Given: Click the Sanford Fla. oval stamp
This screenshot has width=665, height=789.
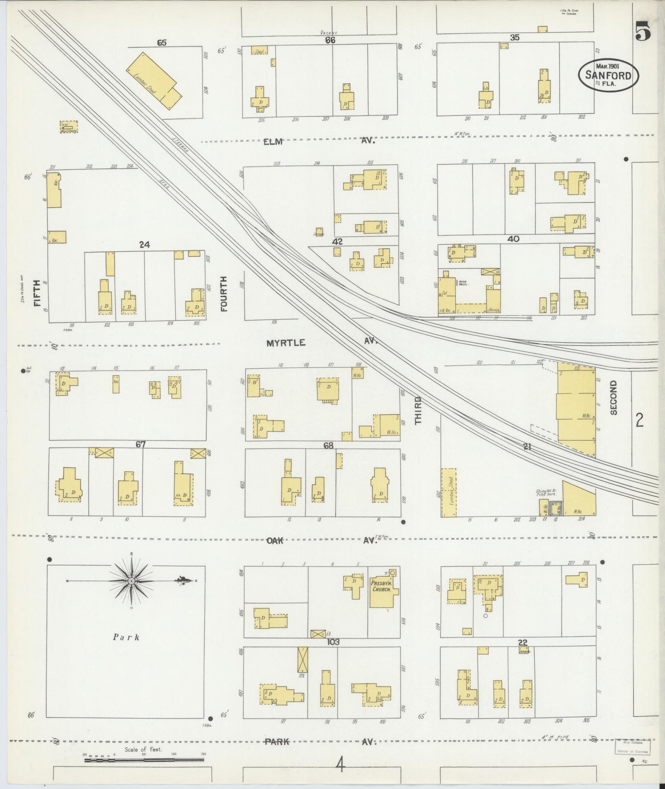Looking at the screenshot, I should [608, 73].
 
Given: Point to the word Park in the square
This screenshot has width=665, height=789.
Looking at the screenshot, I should [126, 637].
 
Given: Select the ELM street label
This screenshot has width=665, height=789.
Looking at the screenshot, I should [272, 142].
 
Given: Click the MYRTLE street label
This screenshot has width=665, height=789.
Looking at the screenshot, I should [286, 342].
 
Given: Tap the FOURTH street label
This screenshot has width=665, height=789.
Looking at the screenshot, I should [224, 294].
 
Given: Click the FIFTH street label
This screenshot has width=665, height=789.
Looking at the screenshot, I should [37, 293].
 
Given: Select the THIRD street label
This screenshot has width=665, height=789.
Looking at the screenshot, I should [418, 410].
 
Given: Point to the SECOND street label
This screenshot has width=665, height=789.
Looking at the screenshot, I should [613, 398].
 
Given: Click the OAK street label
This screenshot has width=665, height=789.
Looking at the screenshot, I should [275, 541].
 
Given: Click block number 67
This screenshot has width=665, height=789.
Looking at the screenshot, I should [140, 444].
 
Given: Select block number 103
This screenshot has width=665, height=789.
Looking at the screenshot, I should [333, 642].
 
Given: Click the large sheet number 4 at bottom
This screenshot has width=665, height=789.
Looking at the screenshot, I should [340, 766].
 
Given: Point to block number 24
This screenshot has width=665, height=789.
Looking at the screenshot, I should [145, 245].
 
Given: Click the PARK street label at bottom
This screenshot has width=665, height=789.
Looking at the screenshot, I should [277, 742].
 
